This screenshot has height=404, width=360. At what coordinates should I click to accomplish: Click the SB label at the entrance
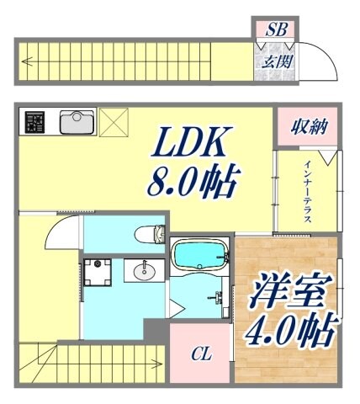276,30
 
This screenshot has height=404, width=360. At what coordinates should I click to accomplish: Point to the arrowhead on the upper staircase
29,61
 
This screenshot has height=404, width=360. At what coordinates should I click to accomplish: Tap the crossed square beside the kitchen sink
112,123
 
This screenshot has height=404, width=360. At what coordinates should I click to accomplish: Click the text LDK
189,144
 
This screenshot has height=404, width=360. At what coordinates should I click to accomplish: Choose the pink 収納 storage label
304,128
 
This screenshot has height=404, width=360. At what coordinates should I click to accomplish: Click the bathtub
199,253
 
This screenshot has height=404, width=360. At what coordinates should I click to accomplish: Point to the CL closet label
200,354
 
